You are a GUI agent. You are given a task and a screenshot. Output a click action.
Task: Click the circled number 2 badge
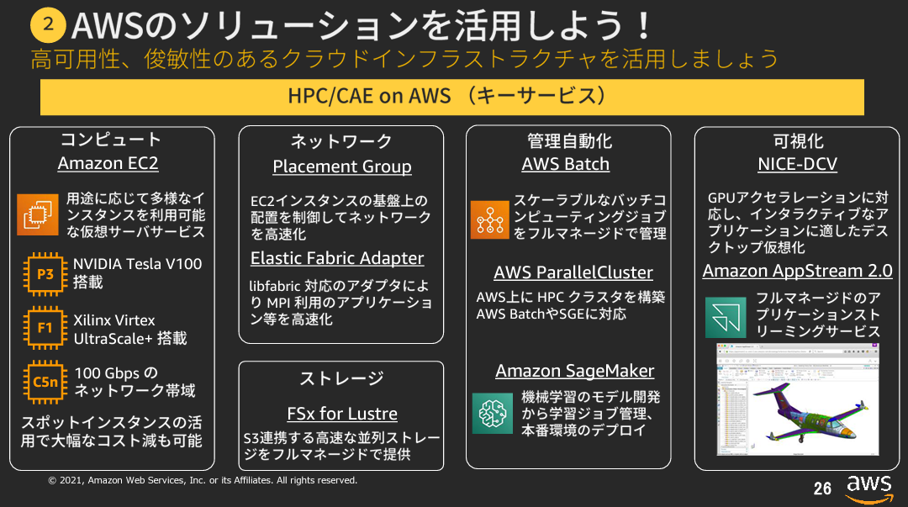coord(48,25)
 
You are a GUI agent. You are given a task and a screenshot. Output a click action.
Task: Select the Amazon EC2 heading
coord(108,163)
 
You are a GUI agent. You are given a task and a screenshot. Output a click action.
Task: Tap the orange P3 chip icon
coord(45,273)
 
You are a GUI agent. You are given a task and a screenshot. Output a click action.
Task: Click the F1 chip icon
coord(45,328)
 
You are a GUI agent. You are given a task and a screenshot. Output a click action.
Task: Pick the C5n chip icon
coord(45,382)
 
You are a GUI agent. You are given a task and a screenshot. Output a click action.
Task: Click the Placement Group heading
coord(342,166)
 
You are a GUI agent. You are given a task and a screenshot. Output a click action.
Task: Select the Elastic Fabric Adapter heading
coord(337,258)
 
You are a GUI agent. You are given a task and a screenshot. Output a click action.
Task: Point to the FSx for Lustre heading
coord(342,414)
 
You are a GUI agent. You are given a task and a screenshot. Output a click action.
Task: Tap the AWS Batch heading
coord(565,164)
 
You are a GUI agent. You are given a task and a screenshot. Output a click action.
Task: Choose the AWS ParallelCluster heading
coord(573,272)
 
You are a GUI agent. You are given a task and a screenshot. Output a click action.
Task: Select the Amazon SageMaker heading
coord(574,371)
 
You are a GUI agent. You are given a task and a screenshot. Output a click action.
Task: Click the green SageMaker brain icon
coord(492,413)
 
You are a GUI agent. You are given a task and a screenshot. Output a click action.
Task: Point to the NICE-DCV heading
coord(797,164)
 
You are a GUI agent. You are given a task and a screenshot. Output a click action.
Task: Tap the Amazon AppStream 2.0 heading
coord(797,271)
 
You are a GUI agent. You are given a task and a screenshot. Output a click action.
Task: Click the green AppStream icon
coord(725,316)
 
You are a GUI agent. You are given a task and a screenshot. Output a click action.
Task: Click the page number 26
coord(821,489)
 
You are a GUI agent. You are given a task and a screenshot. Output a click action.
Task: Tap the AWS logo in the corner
coord(868,488)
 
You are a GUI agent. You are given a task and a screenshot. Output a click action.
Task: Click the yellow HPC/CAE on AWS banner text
coord(452,96)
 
